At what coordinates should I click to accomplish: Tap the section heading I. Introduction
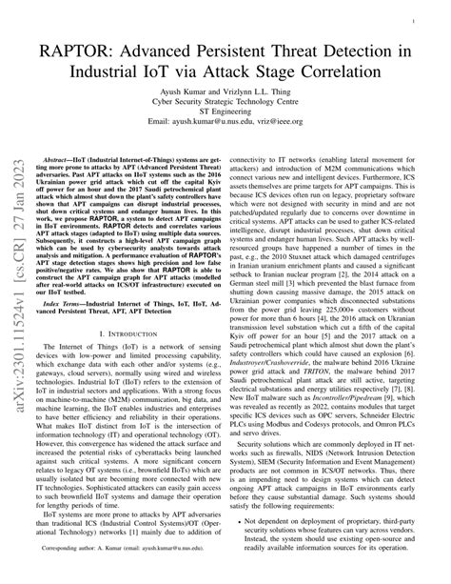click(133, 337)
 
